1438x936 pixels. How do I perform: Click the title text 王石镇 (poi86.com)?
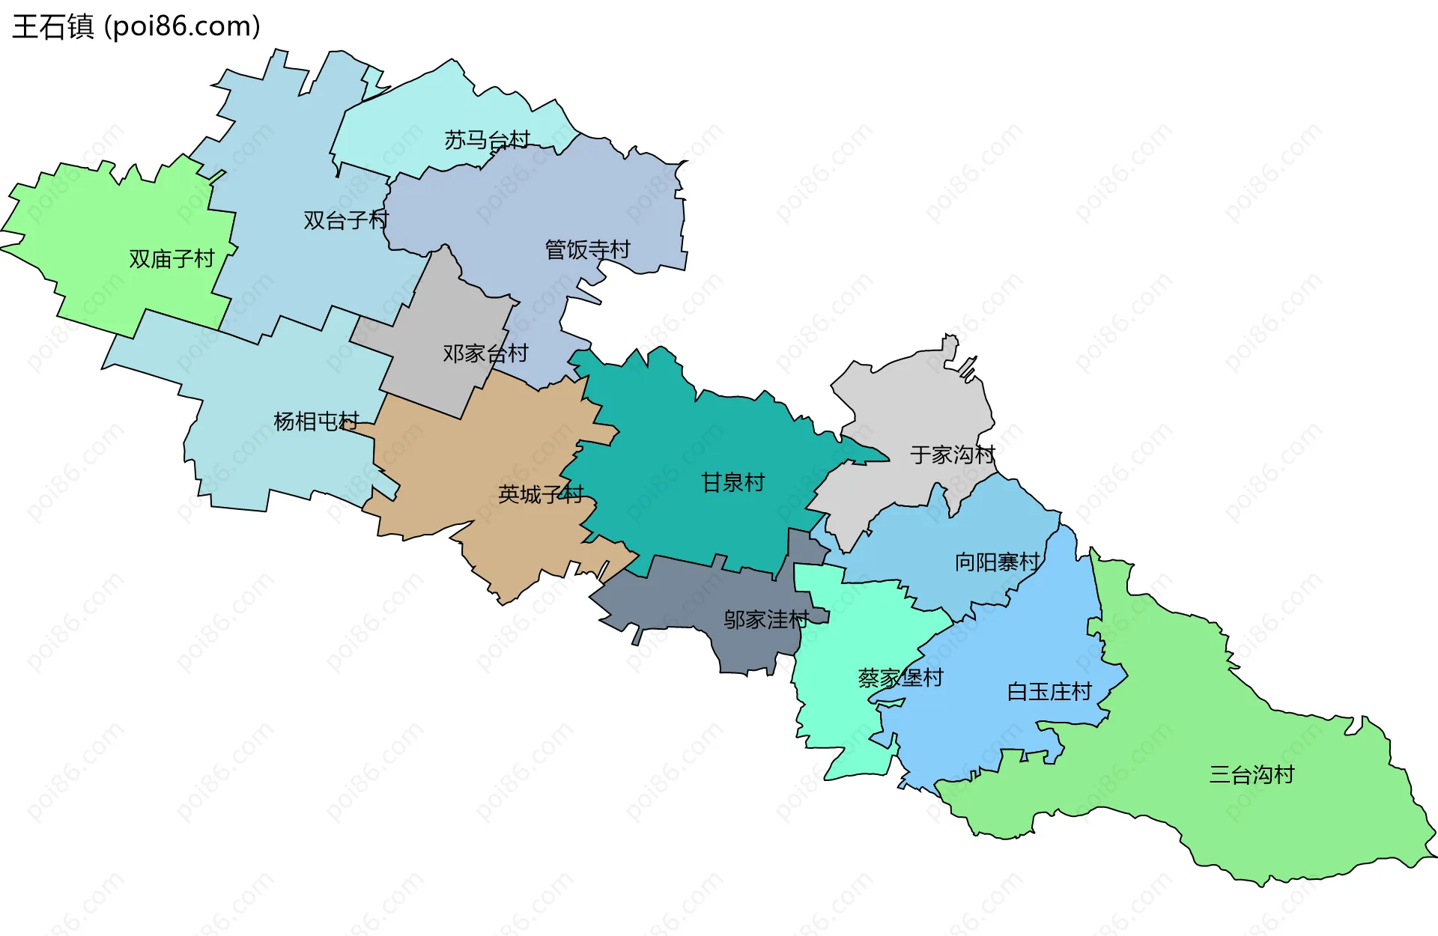coord(136,26)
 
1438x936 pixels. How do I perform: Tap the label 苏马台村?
coord(487,140)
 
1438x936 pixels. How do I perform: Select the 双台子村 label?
coord(345,220)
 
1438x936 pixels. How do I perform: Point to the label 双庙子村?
coord(172,259)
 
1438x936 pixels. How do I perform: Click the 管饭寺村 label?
coord(588,250)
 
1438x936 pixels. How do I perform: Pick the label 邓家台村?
coord(485,353)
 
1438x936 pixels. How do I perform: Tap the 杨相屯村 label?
coord(316,422)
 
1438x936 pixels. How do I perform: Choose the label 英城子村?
coord(541,494)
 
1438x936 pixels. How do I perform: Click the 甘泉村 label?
coord(732,483)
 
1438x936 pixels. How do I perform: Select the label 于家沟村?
coord(953,455)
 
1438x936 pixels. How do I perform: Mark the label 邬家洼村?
coord(765,620)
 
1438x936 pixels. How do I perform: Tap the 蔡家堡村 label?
coord(900,678)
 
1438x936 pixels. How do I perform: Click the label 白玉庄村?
coord(1049,692)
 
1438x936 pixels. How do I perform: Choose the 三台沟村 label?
coord(1252,775)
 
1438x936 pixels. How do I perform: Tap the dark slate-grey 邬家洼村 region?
coord(674,599)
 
